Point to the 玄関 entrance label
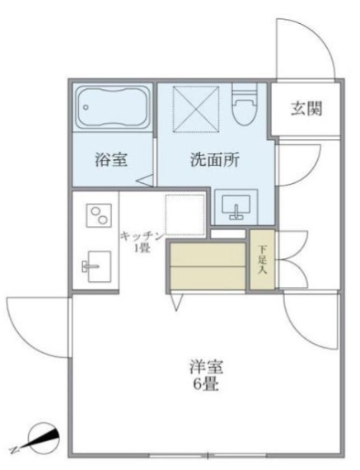click(306, 108)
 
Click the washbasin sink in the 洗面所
click(236, 205)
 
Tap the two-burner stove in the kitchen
click(97, 215)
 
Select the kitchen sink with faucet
click(94, 264)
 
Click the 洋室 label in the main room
click(205, 366)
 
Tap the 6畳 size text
click(205, 384)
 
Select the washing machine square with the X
click(195, 108)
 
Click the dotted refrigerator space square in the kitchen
click(184, 214)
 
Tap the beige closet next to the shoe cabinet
click(208, 266)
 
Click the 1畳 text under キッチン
click(143, 247)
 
